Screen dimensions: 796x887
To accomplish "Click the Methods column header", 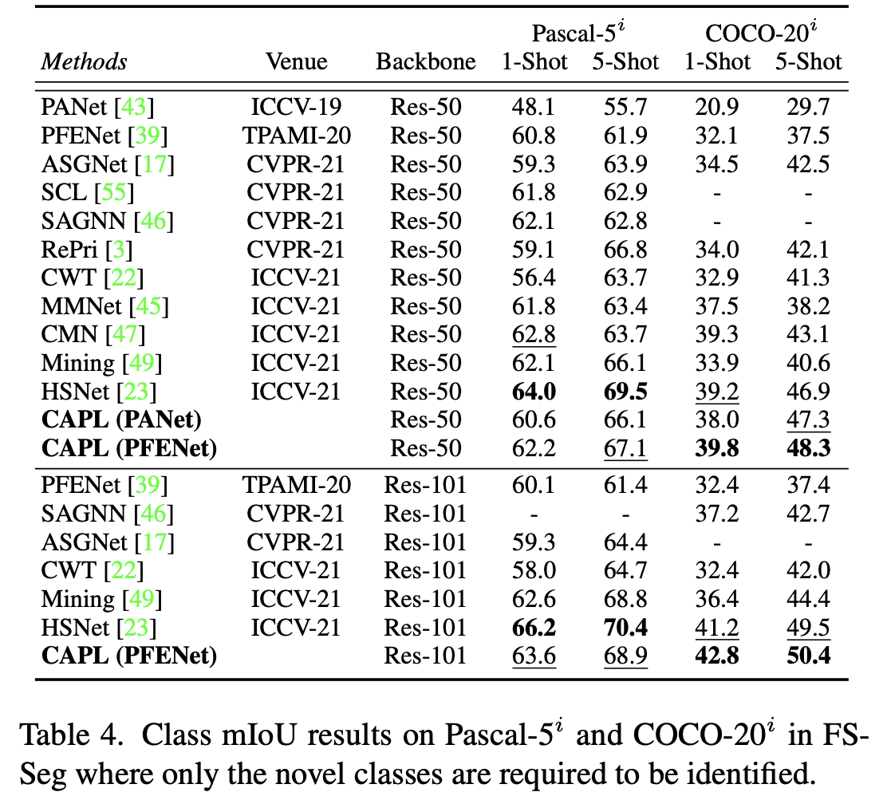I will [84, 62].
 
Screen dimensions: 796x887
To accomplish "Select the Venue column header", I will [296, 62].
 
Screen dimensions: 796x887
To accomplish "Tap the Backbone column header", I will [425, 62].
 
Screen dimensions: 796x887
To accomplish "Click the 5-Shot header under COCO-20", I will [808, 62].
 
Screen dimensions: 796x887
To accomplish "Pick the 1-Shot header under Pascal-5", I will [534, 62].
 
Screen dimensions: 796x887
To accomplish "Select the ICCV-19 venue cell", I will [296, 107].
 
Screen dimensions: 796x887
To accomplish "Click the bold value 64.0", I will [534, 391].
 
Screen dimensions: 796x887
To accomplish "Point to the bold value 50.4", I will [808, 656].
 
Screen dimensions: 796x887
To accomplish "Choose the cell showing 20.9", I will [716, 107].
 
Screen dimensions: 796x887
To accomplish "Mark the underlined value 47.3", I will [808, 420].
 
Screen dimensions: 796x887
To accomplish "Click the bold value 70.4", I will [625, 628].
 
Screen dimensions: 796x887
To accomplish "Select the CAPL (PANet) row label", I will [121, 420].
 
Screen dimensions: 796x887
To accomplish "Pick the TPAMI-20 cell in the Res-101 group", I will [296, 485].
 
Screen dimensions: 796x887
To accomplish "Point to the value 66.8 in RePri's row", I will [625, 250].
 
